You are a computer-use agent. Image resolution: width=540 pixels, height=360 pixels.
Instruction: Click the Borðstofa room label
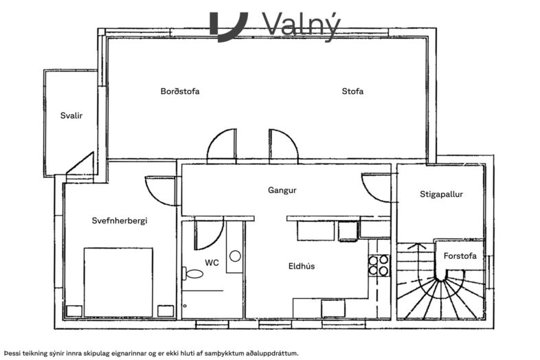[x=180, y=91]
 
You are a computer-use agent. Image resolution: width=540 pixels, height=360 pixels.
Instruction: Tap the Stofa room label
[x=352, y=91]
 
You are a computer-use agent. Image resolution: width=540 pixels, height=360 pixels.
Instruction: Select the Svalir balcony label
[x=71, y=115]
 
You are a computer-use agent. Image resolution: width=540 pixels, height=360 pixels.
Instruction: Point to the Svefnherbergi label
[x=120, y=221]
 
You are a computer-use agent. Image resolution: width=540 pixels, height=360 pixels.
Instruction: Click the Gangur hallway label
[x=282, y=190]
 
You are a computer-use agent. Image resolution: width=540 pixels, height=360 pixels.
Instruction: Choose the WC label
[x=212, y=262]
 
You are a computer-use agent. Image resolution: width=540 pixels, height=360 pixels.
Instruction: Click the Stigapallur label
[x=441, y=194]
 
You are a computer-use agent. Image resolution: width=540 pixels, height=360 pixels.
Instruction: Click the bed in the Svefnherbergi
[x=117, y=282]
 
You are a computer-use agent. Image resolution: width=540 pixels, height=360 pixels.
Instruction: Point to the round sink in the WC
[x=235, y=256]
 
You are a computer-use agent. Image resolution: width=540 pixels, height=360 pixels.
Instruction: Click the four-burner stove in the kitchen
[x=379, y=265]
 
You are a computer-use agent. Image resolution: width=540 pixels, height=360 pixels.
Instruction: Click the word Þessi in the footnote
[x=14, y=352]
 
